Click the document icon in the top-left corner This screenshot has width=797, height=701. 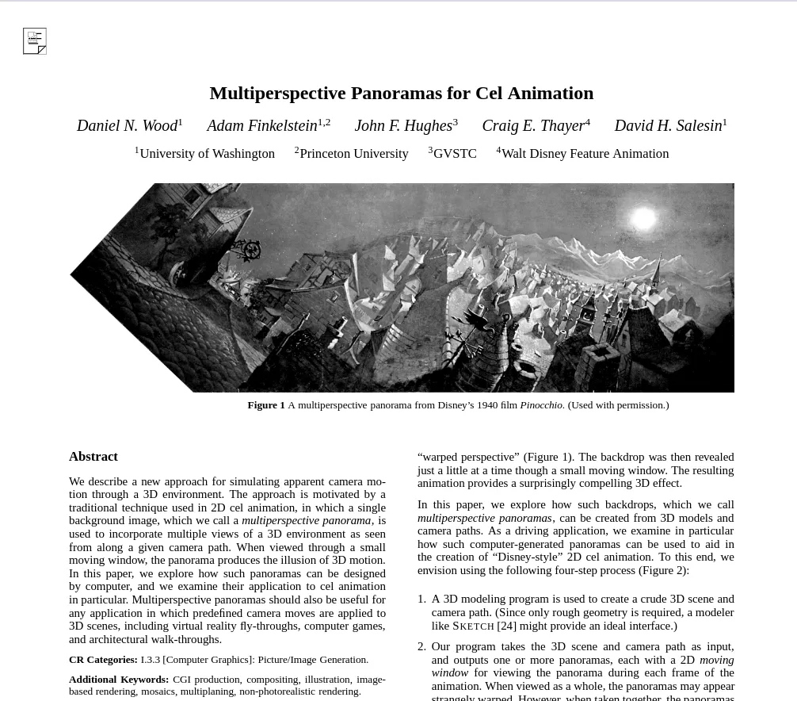pyautogui.click(x=35, y=41)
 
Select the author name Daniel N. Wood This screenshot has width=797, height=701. pyautogui.click(x=127, y=126)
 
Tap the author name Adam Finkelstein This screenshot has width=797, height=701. pyautogui.click(x=261, y=126)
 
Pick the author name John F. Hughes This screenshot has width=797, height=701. pyautogui.click(x=403, y=126)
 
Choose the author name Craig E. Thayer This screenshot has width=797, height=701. pyautogui.click(x=533, y=126)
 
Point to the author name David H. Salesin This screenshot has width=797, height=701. pyautogui.click(x=668, y=126)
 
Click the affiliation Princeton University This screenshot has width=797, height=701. pyautogui.click(x=354, y=154)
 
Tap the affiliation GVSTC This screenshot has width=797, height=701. pyautogui.click(x=455, y=154)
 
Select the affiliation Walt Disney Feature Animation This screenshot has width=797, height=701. pyautogui.click(x=585, y=154)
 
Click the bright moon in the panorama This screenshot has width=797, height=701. pyautogui.click(x=643, y=218)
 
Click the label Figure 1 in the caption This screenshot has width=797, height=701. pyautogui.click(x=265, y=405)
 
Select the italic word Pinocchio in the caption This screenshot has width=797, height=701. pyautogui.click(x=541, y=405)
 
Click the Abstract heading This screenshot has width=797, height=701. pyautogui.click(x=93, y=457)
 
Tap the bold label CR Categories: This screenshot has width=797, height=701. pyautogui.click(x=103, y=660)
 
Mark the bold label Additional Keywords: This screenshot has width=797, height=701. pyautogui.click(x=119, y=680)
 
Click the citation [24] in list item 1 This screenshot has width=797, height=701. pyautogui.click(x=506, y=626)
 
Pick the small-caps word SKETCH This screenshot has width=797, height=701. pyautogui.click(x=473, y=626)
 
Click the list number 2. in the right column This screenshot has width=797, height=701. pyautogui.click(x=421, y=646)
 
